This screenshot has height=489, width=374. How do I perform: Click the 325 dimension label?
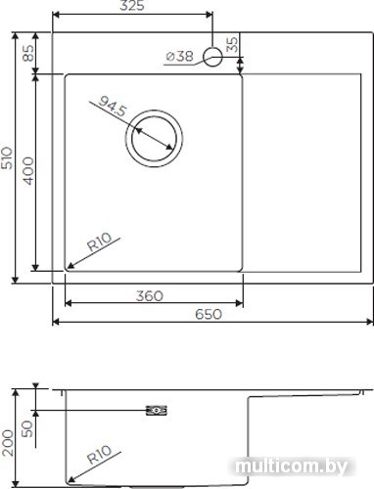pyautogui.click(x=132, y=5)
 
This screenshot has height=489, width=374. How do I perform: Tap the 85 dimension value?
pyautogui.click(x=28, y=53)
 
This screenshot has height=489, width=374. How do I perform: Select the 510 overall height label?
pyautogui.click(x=7, y=158)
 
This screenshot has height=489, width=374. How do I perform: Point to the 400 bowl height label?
pyautogui.click(x=28, y=171)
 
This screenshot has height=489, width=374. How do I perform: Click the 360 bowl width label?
pyautogui.click(x=150, y=296)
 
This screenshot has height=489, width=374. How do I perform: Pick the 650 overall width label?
pyautogui.click(x=209, y=314)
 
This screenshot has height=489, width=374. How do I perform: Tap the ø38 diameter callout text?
pyautogui.click(x=180, y=56)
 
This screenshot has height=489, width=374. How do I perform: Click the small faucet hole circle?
pyautogui.click(x=212, y=57)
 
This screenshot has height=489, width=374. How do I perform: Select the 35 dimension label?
pyautogui.click(x=232, y=44)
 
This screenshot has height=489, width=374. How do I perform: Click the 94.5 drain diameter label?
pyautogui.click(x=112, y=106)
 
